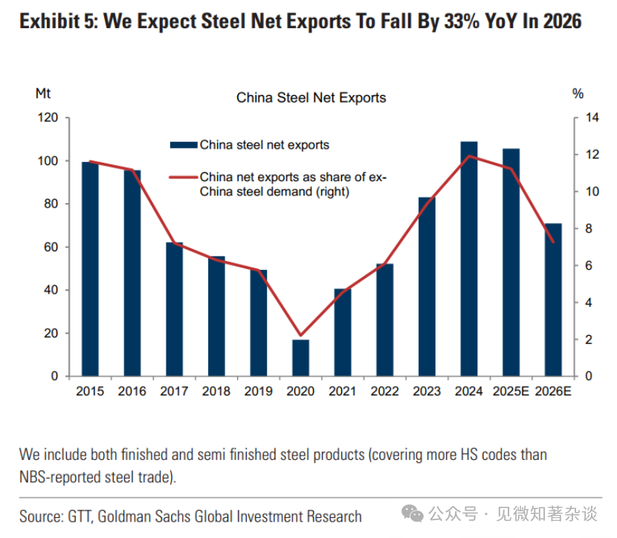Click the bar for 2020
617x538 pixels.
(300, 357)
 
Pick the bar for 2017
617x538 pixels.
(175, 309)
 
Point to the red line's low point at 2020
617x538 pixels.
(300, 336)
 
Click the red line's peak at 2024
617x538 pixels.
(469, 156)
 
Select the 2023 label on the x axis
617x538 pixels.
(427, 392)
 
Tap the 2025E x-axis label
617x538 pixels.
(511, 392)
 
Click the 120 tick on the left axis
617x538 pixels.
(48, 118)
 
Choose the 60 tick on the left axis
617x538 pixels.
(51, 247)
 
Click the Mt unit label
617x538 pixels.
(43, 94)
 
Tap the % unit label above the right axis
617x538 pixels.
(578, 94)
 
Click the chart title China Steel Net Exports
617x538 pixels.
(311, 97)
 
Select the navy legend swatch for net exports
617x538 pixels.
(184, 145)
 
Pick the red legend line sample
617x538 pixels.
(184, 177)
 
